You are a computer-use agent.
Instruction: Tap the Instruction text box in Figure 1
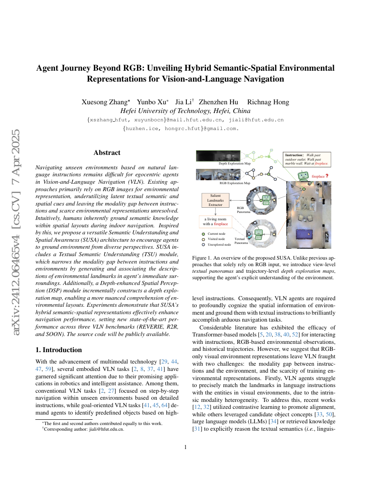point(307,158)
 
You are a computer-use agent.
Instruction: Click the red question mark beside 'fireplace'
point(327,176)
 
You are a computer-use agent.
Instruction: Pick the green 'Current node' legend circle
point(203,234)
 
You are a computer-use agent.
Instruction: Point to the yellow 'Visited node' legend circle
point(203,239)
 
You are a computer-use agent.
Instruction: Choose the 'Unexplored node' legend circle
point(203,244)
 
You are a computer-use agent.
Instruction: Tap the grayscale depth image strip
point(218,156)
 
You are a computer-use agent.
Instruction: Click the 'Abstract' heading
point(107,153)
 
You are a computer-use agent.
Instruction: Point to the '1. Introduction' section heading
point(58,350)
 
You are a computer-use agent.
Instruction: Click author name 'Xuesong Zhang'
point(105,102)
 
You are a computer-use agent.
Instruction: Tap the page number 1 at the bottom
point(185,447)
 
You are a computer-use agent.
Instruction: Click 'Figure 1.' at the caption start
point(202,258)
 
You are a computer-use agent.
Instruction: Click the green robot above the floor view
point(302,175)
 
